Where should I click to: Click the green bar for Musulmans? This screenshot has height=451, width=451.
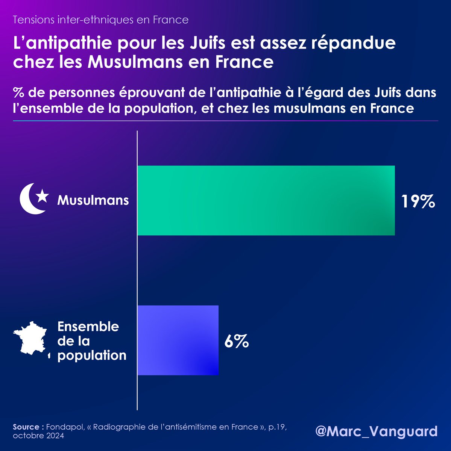point(266,200)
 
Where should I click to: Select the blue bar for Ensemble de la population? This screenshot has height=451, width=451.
point(178,340)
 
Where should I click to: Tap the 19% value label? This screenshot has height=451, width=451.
point(418,201)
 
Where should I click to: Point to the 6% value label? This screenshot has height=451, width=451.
point(237,341)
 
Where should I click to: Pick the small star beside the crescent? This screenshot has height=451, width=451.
point(43,196)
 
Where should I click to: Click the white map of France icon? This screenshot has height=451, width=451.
point(30,339)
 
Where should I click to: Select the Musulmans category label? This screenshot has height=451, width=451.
point(93,200)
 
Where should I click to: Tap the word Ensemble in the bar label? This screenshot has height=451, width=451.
point(88,327)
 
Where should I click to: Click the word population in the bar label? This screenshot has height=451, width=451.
point(92,356)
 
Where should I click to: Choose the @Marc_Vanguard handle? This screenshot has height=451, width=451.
point(377,431)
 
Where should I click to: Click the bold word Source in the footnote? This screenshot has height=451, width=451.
point(26,427)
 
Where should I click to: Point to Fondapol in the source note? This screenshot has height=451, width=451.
point(65,427)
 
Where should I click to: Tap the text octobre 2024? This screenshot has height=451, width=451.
point(38,436)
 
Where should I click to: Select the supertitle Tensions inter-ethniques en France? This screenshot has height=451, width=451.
point(101,20)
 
